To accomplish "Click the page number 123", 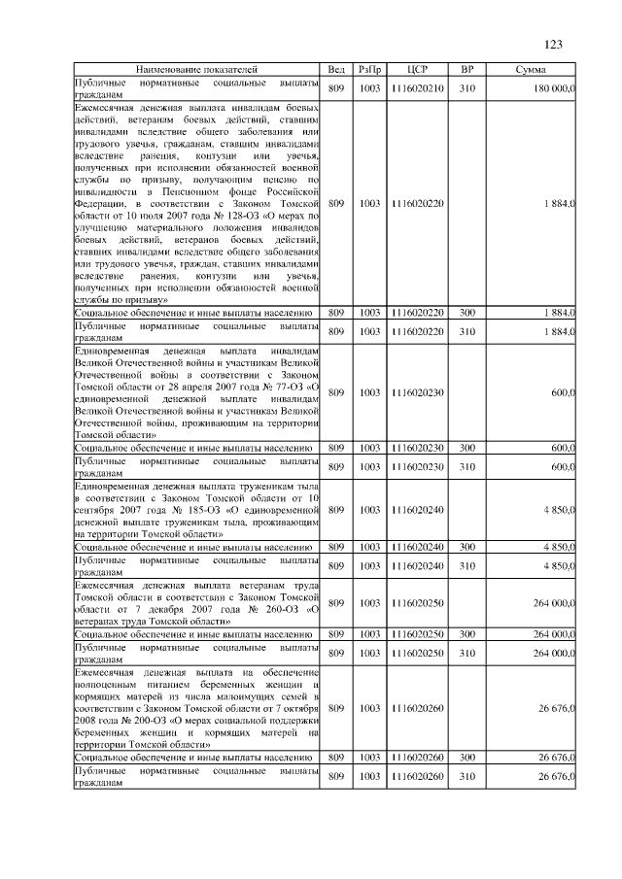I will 554,44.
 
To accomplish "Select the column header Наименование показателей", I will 196,71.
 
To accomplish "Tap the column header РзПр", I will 369,71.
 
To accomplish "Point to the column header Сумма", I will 530,71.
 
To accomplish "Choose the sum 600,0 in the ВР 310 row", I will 563,467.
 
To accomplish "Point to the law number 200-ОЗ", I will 123,723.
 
